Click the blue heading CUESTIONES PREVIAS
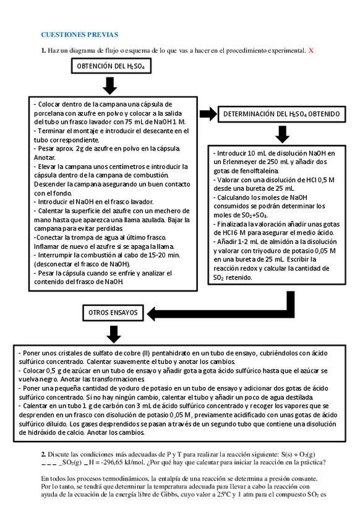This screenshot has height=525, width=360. click(79, 35)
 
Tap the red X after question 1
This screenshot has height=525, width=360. click(311, 50)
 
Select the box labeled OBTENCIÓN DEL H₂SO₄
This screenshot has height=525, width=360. click(111, 66)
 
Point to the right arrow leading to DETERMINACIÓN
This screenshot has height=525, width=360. click(208, 113)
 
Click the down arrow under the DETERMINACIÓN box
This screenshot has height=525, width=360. click(282, 134)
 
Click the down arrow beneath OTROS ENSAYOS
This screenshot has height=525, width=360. click(113, 334)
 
